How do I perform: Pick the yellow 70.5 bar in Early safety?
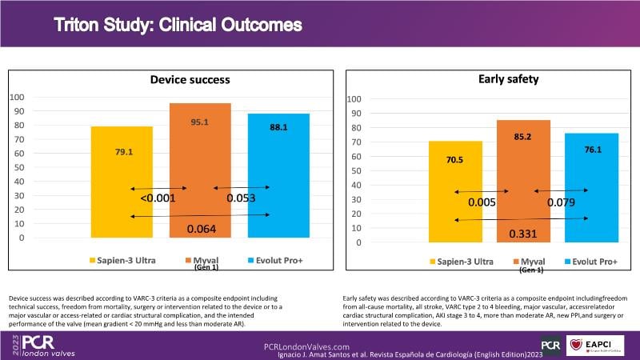pyautogui.click(x=454, y=191)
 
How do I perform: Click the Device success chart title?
pyautogui.click(x=190, y=79)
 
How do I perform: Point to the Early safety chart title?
pyautogui.click(x=502, y=79)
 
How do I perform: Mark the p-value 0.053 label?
pyautogui.click(x=241, y=198)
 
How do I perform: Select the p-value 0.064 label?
pyautogui.click(x=202, y=230)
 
